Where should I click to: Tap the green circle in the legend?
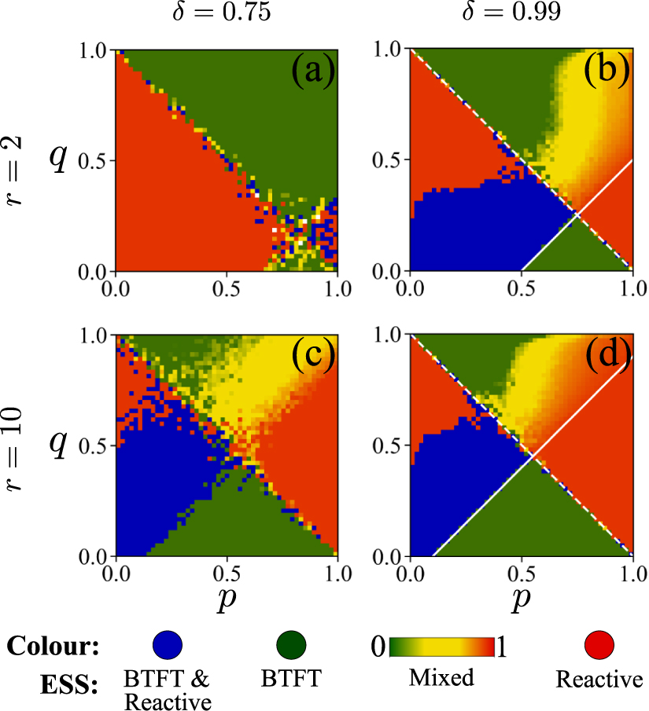pos(293,646)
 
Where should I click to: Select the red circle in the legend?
pos(599,646)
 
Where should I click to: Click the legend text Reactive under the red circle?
pos(599,679)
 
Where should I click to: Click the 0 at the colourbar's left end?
pos(380,647)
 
